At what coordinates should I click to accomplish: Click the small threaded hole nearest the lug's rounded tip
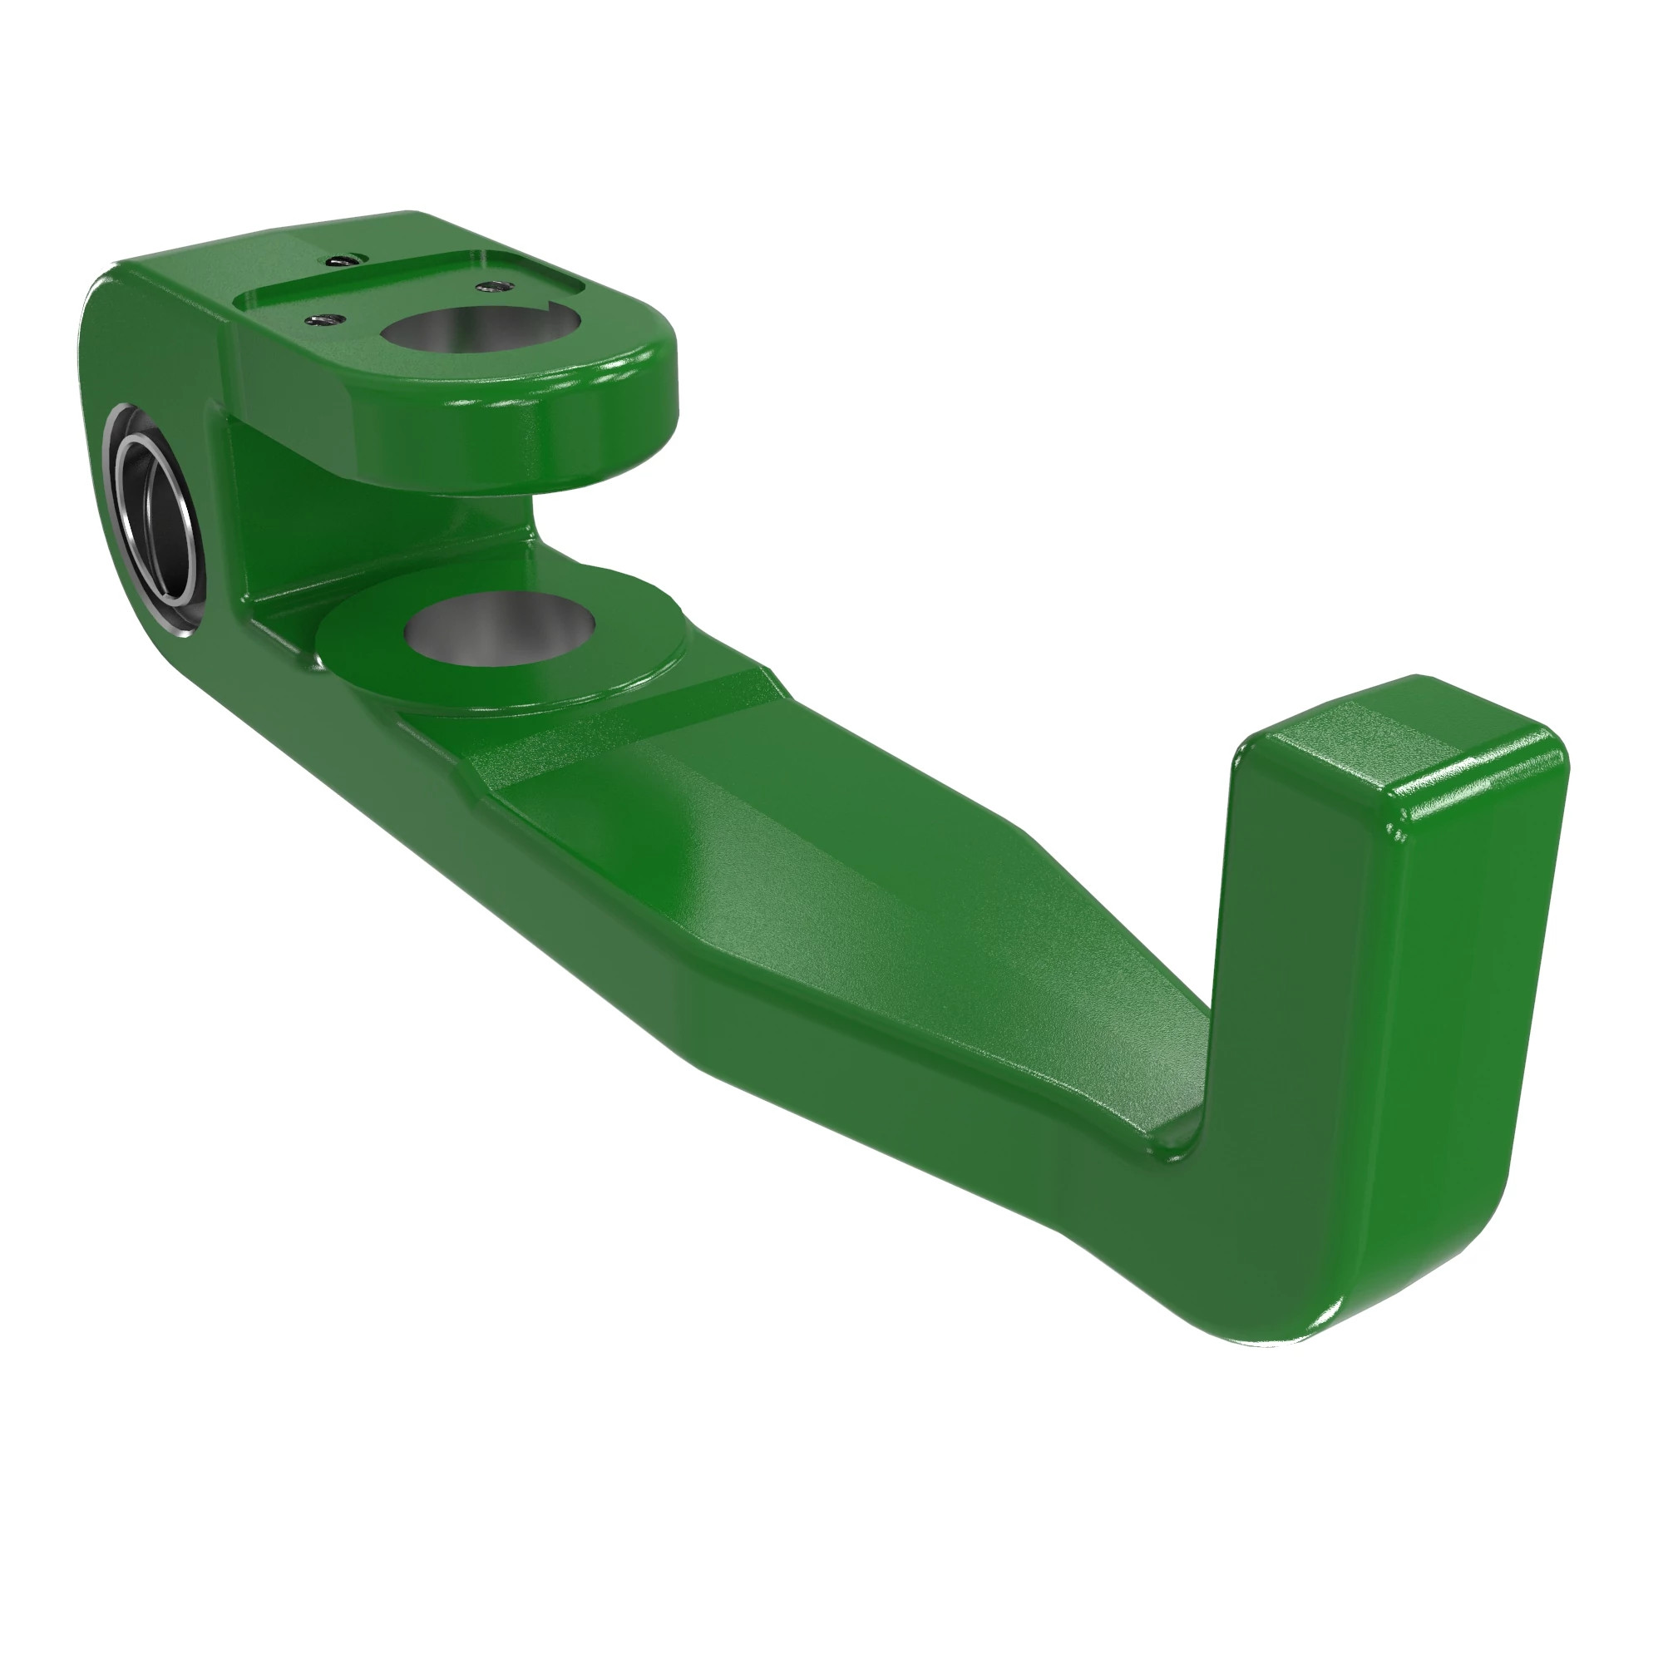pyautogui.click(x=491, y=284)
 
